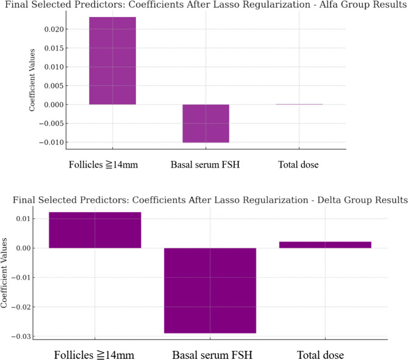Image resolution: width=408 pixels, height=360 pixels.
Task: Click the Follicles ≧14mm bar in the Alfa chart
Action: click(x=113, y=60)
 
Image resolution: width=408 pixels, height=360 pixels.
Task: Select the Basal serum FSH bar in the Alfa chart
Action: click(x=206, y=123)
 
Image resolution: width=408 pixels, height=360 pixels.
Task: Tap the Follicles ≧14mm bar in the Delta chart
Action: click(x=95, y=230)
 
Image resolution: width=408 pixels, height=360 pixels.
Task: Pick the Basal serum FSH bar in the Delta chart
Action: click(x=210, y=291)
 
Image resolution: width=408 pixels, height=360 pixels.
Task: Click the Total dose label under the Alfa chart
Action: click(x=299, y=164)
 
